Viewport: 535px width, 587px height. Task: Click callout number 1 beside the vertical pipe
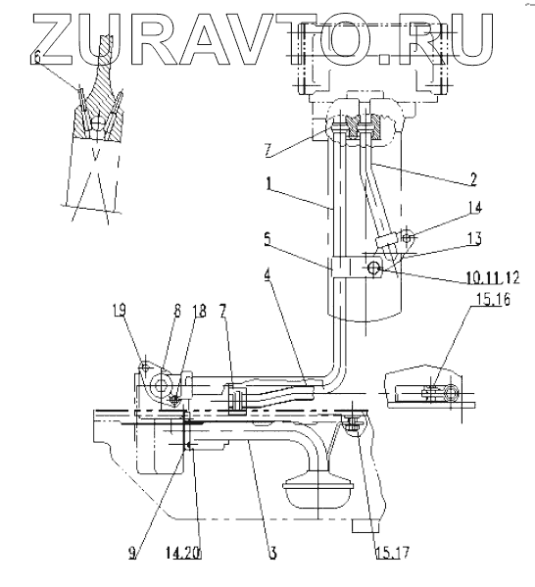pyautogui.click(x=269, y=184)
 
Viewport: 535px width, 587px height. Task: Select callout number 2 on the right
pyautogui.click(x=472, y=179)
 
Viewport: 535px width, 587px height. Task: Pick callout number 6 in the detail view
pyautogui.click(x=36, y=59)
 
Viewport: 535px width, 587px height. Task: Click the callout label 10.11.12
pyautogui.click(x=493, y=277)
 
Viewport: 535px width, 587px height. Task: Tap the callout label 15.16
pyautogui.click(x=493, y=300)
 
